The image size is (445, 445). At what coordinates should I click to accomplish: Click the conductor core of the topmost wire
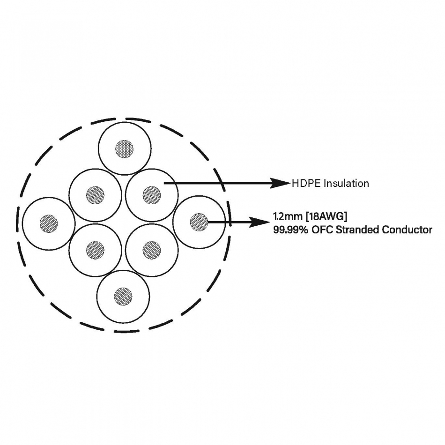coord(124,148)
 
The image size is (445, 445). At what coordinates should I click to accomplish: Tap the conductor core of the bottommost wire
coord(123,297)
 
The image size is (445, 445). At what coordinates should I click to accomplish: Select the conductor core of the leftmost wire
coord(49,223)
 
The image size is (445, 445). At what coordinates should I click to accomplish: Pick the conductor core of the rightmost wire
coord(199,222)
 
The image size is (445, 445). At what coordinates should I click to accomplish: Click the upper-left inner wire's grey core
coord(96,195)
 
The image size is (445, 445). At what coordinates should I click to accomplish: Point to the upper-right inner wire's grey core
coord(152,195)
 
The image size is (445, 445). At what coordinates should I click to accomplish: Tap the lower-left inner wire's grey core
coord(96,250)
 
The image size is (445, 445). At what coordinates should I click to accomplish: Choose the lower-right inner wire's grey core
coord(152,250)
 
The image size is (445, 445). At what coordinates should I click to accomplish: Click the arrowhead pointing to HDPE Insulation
coord(280,183)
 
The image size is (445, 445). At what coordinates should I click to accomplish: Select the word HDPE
coord(306,183)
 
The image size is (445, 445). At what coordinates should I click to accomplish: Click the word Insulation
coord(346,183)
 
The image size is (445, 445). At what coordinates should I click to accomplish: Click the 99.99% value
coord(291,230)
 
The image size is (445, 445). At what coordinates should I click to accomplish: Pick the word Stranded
coord(357,230)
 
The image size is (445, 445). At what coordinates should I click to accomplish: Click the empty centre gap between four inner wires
coord(124,223)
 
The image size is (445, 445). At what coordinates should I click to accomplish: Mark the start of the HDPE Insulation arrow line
coord(164,183)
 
